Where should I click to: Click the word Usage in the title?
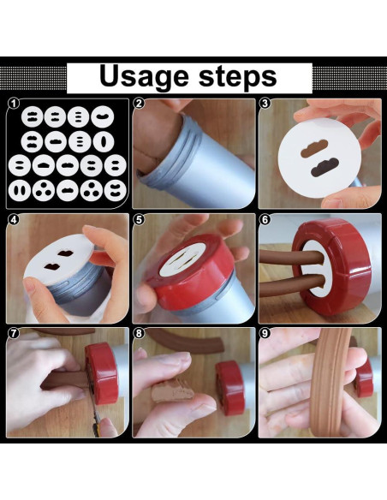click(144, 77)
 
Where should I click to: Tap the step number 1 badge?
click(14, 104)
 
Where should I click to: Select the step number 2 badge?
click(139, 104)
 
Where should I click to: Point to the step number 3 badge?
click(265, 103)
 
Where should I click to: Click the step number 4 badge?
click(13, 220)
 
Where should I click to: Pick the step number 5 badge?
click(140, 220)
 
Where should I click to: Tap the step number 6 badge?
click(265, 220)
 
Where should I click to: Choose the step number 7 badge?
click(13, 333)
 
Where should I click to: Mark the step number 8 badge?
click(140, 333)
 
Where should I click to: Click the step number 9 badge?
click(265, 333)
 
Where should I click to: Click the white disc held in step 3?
click(319, 158)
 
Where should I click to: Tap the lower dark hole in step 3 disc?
click(324, 167)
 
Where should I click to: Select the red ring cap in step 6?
click(332, 266)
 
